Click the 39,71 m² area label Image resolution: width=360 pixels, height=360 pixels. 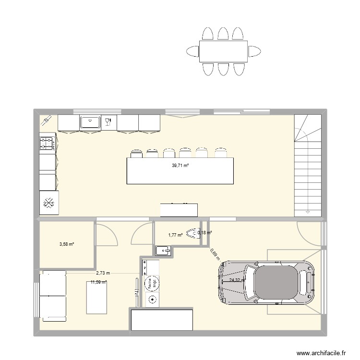[180, 166]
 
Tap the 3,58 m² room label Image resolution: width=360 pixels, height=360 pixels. [67, 244]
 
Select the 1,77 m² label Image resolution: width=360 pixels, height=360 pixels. [175, 235]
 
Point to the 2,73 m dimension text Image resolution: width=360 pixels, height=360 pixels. [103, 273]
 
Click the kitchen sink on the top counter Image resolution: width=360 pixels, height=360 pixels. [89, 123]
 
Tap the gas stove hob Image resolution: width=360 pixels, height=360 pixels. [47, 143]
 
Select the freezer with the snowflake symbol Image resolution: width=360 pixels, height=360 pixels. [48, 203]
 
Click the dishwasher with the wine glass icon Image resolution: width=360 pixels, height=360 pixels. [108, 123]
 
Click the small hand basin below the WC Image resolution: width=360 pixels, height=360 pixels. [163, 250]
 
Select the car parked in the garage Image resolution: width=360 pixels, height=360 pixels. [266, 283]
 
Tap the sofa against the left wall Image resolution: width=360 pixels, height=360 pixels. [52, 295]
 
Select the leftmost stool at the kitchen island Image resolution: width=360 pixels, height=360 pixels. [136, 154]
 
